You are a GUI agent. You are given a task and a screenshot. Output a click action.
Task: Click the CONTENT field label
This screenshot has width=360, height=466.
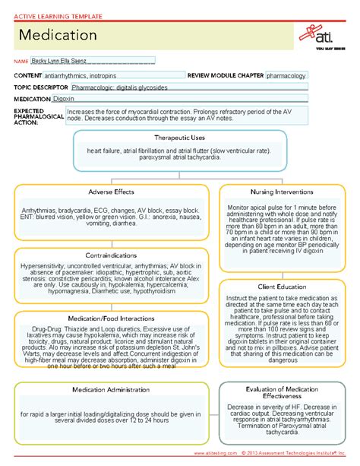[27, 76]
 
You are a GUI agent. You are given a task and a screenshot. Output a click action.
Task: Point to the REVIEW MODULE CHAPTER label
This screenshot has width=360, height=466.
[226, 76]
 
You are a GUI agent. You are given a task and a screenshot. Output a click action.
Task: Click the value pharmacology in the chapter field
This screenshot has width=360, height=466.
[286, 76]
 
